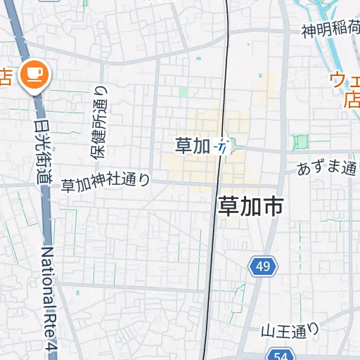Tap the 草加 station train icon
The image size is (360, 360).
(x=222, y=146)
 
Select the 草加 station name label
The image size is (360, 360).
(x=193, y=146)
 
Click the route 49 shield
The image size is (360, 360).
(x=263, y=266)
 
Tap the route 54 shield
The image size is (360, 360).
(x=281, y=356)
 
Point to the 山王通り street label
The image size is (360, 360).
(x=290, y=329)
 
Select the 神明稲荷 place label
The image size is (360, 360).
(x=330, y=32)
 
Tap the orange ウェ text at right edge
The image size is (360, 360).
(x=345, y=80)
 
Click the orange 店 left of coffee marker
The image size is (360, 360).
(x=5, y=75)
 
